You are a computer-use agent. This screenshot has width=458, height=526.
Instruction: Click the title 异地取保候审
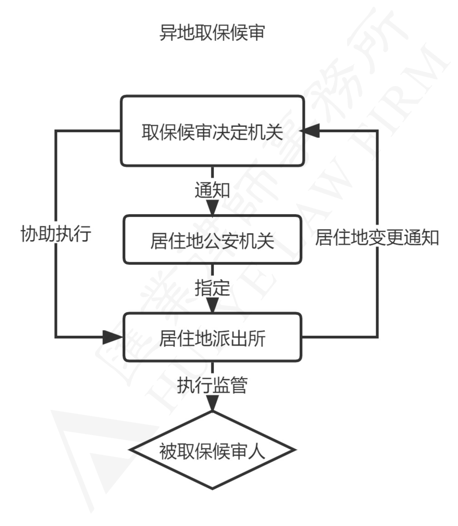[x=212, y=33]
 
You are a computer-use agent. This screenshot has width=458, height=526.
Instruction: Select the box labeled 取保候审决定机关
[x=212, y=131]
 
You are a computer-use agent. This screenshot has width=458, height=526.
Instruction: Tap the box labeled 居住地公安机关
[x=212, y=240]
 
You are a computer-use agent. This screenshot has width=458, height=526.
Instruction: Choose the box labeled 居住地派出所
[x=212, y=337]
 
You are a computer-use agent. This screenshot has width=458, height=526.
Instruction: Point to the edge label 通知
[x=212, y=191]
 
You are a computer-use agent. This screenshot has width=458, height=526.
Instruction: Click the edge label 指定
[x=212, y=289]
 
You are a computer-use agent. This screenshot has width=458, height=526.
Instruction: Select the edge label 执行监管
[x=212, y=385]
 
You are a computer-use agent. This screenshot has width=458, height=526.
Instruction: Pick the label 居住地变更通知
[x=377, y=238]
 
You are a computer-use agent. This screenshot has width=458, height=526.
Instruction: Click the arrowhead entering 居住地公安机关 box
[x=212, y=210]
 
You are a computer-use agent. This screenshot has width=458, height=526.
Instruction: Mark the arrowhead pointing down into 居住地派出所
[x=212, y=306]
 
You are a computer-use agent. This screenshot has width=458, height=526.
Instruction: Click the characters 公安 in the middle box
[x=213, y=240]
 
